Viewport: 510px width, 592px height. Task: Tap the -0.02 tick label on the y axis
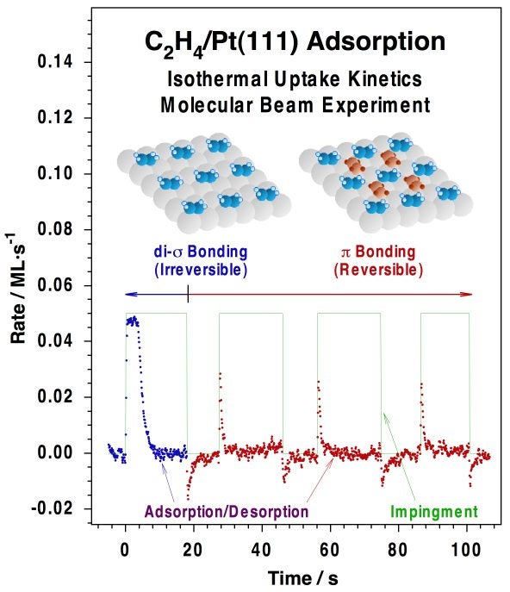(x=54, y=509)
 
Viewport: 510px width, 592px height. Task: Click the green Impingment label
(x=433, y=512)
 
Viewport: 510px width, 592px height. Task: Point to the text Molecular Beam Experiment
(x=294, y=106)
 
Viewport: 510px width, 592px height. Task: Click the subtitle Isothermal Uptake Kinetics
(x=294, y=81)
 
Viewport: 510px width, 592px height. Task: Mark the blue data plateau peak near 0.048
(x=133, y=321)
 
